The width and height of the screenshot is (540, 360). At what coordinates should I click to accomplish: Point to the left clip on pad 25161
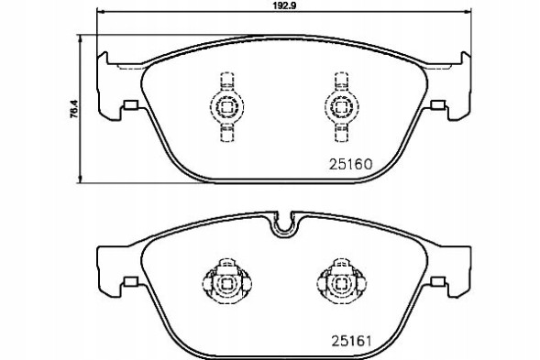[x=225, y=283]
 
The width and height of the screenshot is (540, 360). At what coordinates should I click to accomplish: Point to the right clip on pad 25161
[x=340, y=283]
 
